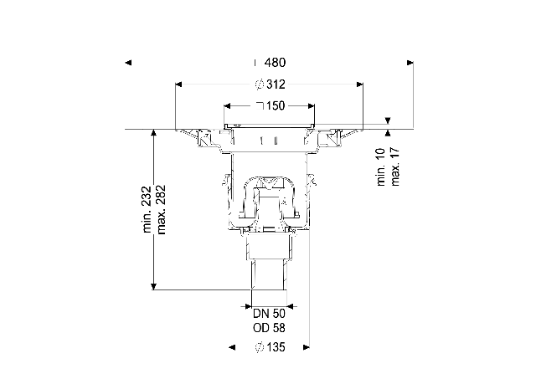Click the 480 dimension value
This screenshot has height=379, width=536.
pyautogui.click(x=275, y=63)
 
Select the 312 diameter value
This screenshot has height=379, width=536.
pyautogui.click(x=276, y=84)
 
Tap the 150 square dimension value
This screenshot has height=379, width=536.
pyautogui.click(x=276, y=106)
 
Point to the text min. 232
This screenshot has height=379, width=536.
pyautogui.click(x=147, y=209)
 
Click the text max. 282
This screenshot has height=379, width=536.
pyautogui.click(x=161, y=210)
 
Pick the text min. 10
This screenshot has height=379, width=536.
pyautogui.click(x=381, y=167)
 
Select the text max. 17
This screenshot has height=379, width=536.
pyautogui.click(x=394, y=166)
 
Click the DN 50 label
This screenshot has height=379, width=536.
pyautogui.click(x=269, y=314)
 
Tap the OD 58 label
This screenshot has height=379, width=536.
pyautogui.click(x=269, y=328)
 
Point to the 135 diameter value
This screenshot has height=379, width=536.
pyautogui.click(x=276, y=347)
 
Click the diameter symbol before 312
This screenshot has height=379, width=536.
pyautogui.click(x=260, y=84)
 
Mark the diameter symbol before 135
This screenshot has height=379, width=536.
pyautogui.click(x=260, y=347)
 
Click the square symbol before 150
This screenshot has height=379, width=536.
pyautogui.click(x=260, y=106)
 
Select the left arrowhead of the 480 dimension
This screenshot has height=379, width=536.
pyautogui.click(x=128, y=63)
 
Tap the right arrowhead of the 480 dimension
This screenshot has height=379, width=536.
pyautogui.click(x=410, y=63)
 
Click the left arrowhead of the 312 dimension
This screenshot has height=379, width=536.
pyautogui.click(x=178, y=85)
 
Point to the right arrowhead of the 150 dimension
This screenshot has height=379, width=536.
pyautogui.click(x=311, y=106)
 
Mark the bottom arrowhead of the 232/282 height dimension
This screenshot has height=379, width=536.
pyautogui.click(x=154, y=286)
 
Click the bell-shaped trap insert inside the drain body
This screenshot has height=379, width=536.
pyautogui.click(x=270, y=198)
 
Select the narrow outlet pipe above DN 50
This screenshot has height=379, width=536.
pyautogui.click(x=269, y=275)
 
